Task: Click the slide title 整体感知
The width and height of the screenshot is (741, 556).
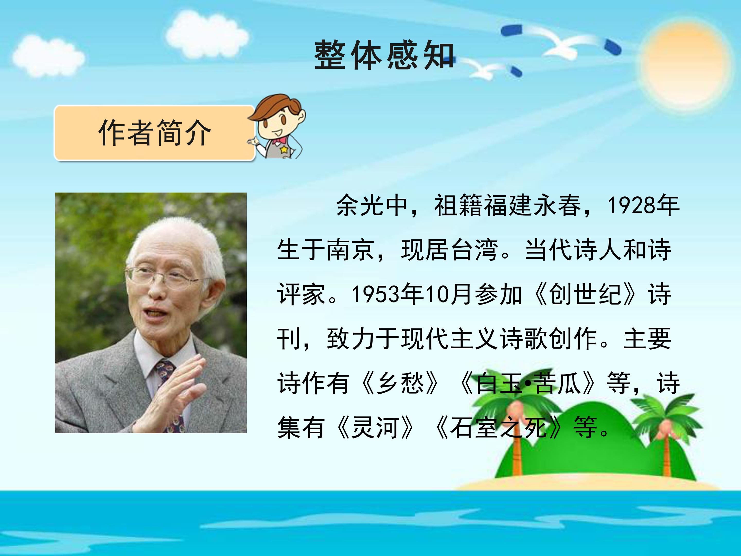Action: [x=384, y=56]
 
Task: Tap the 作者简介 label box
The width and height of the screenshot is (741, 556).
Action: [x=154, y=133]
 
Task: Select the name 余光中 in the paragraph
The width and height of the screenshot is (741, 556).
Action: [x=372, y=205]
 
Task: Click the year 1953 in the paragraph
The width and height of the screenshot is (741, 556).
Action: [x=376, y=294]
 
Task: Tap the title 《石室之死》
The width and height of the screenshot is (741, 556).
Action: [x=499, y=428]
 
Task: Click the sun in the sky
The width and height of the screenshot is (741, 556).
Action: [x=685, y=65]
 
